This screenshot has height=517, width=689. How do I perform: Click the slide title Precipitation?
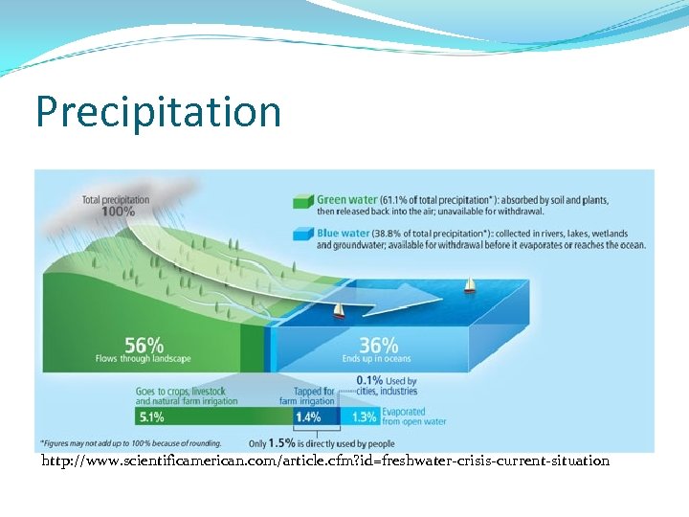pyautogui.click(x=158, y=112)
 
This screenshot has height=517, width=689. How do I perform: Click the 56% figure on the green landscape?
pyautogui.click(x=144, y=344)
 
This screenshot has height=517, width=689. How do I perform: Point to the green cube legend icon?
pyautogui.click(x=302, y=201)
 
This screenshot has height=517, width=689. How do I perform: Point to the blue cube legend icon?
pyautogui.click(x=302, y=234)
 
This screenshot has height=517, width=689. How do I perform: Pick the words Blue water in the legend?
pyautogui.click(x=344, y=233)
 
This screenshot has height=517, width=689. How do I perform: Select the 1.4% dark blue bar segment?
pyautogui.click(x=307, y=416)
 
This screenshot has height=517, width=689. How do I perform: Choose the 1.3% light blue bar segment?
pyautogui.click(x=364, y=416)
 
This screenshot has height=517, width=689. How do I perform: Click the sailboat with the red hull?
pyautogui.click(x=338, y=311)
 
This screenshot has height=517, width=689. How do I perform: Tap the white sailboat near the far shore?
pyautogui.click(x=469, y=284)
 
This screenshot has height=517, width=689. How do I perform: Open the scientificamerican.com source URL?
pyautogui.click(x=325, y=461)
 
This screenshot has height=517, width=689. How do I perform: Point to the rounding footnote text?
pyautogui.click(x=130, y=443)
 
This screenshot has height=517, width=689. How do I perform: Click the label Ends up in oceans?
pyautogui.click(x=376, y=359)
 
